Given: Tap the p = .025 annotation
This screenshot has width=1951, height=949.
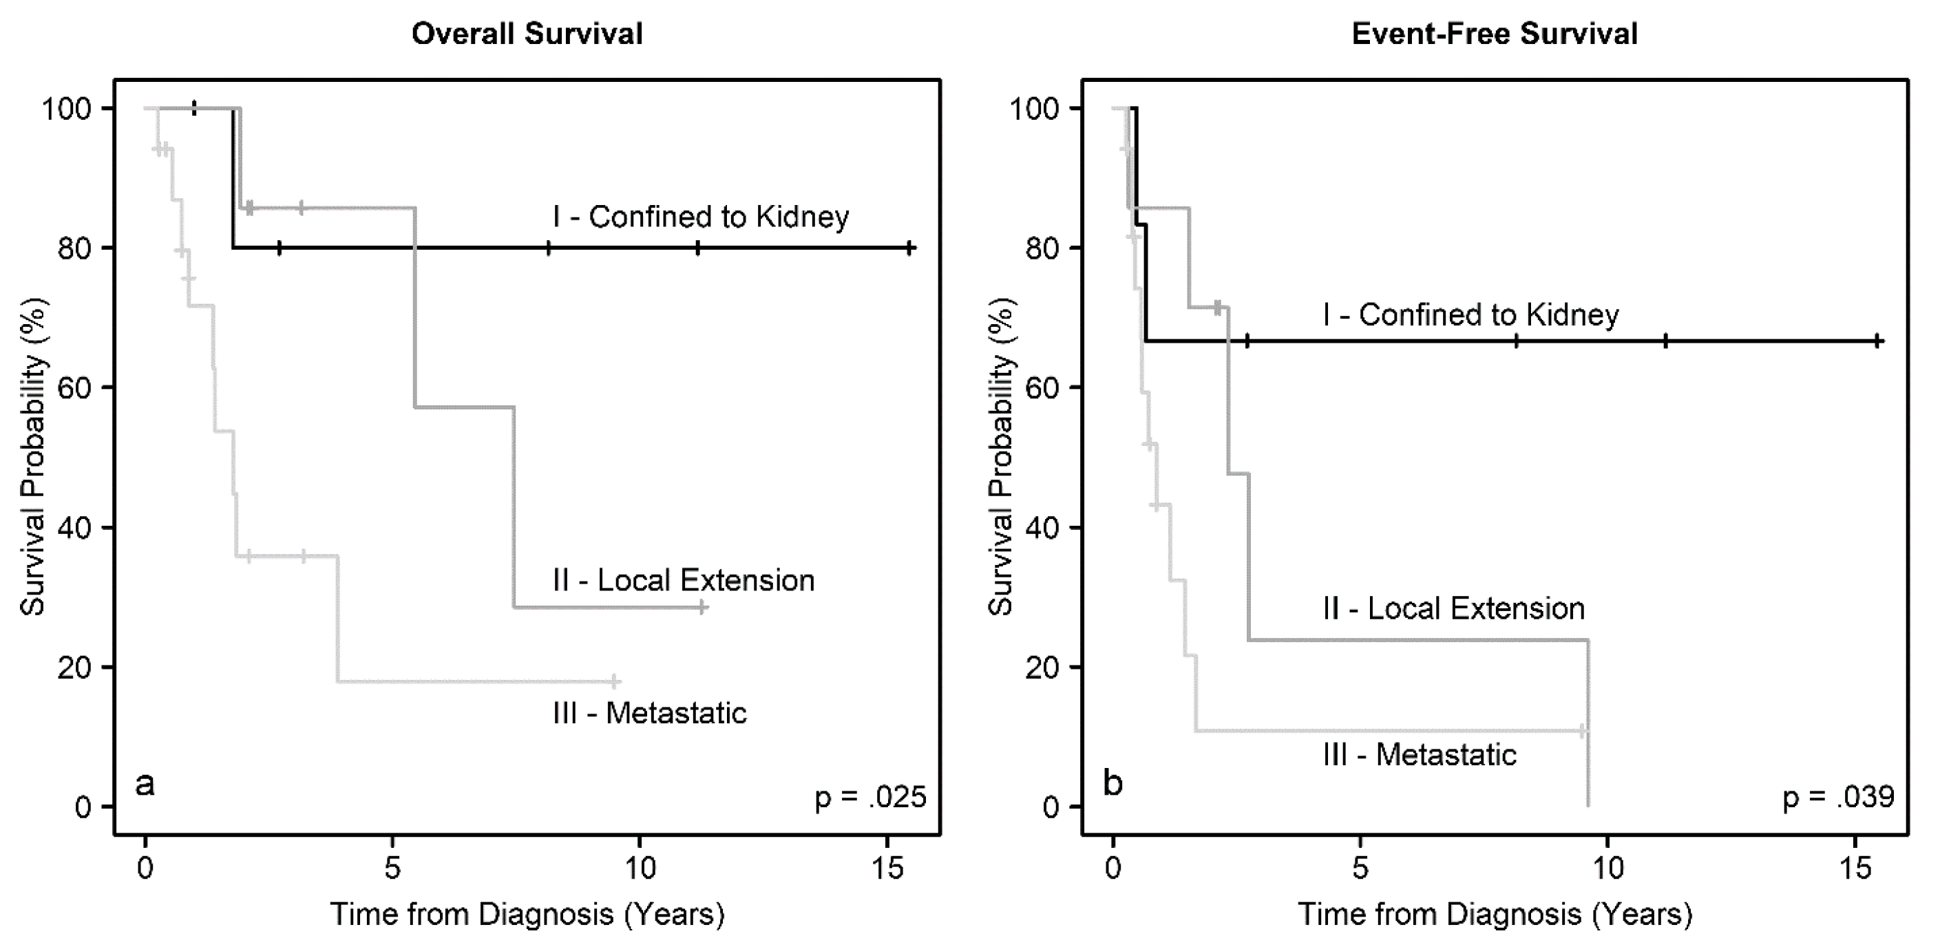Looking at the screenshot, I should [870, 798].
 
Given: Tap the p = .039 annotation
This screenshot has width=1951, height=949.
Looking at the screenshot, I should [1838, 797].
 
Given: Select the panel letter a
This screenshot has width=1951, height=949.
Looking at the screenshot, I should [145, 784].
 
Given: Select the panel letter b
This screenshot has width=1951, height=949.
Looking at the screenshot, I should [1112, 784].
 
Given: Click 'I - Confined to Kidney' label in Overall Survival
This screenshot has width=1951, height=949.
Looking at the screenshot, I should [701, 217].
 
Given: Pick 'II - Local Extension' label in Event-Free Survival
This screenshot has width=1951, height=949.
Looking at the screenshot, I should [1453, 609].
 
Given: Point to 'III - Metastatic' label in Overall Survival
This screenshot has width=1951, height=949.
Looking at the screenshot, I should [649, 714].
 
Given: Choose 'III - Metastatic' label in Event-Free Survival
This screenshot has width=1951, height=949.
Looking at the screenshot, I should [1420, 755].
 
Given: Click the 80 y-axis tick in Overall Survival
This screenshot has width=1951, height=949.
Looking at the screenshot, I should [75, 248].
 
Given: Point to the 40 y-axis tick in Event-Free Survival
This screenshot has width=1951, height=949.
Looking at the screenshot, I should [1043, 528].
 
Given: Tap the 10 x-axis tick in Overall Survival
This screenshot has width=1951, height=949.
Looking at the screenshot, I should [640, 868].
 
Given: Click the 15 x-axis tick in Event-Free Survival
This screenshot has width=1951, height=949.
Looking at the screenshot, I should [1855, 868].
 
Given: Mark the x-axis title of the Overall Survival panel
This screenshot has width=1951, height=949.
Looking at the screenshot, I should [527, 915].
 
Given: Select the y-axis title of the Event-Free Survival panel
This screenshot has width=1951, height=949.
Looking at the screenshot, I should [1001, 457].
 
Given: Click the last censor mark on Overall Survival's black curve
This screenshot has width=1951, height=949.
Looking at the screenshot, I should [910, 248].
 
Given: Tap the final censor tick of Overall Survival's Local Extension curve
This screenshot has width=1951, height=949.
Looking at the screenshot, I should [702, 607].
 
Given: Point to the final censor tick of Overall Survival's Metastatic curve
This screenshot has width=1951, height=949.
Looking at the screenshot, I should [614, 682].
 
